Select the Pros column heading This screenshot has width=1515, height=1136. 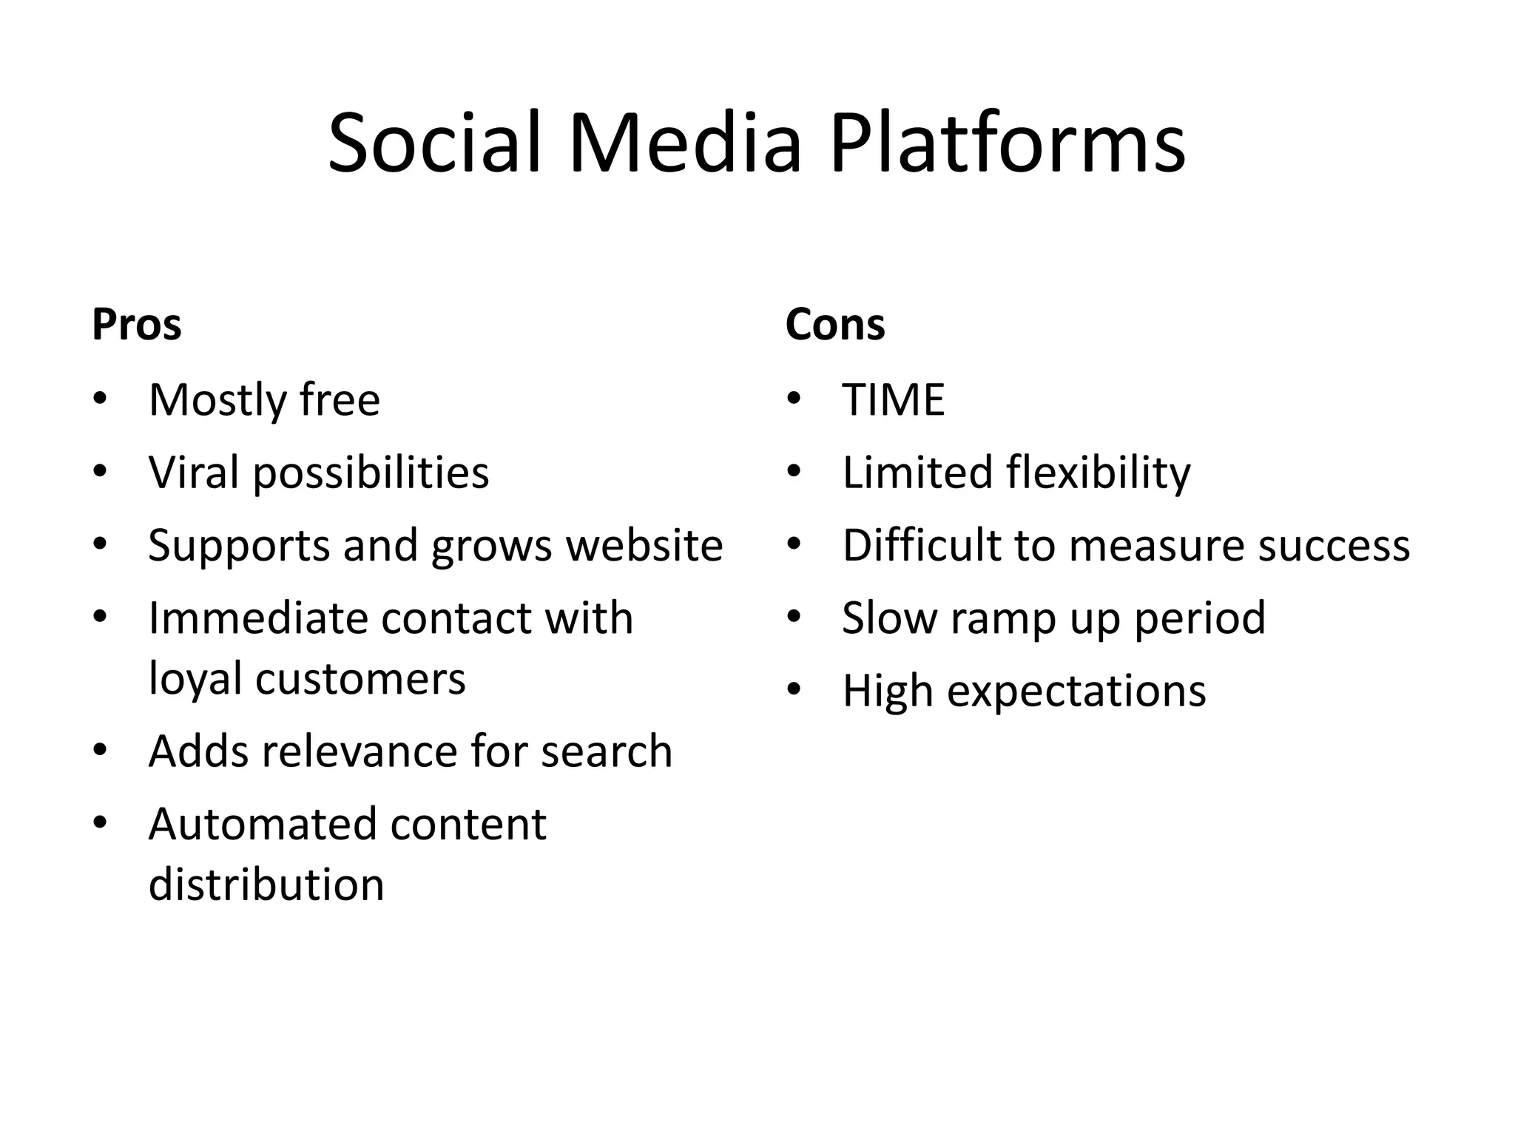[137, 325]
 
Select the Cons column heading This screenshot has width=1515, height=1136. [834, 325]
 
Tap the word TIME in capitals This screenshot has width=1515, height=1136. [893, 400]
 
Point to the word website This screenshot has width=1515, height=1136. [644, 545]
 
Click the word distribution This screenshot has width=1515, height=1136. [266, 885]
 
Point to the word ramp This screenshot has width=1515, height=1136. [1004, 618]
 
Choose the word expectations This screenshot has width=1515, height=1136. [1076, 691]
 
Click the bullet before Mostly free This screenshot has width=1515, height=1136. [101, 400]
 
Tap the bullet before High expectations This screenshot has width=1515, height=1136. [794, 691]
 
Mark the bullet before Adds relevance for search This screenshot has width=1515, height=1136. [101, 751]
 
